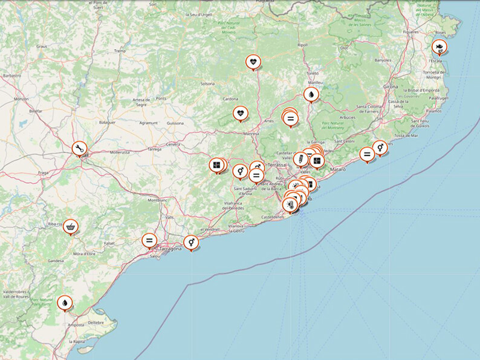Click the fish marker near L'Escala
click(439, 46)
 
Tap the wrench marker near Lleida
click(79, 148)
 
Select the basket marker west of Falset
click(71, 226)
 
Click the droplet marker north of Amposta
click(64, 302)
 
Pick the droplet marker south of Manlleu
click(311, 94)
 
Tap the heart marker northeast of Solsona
click(253, 61)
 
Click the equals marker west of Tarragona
click(149, 240)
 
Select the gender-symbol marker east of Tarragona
click(191, 242)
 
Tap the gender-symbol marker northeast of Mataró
click(380, 147)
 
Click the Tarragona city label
click(169, 249)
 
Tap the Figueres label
click(411, 31)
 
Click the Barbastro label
click(12, 76)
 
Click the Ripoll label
click(303, 45)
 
